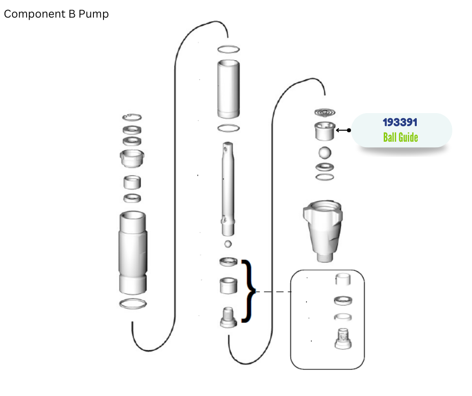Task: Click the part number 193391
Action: pyautogui.click(x=400, y=122)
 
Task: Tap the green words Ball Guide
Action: pyautogui.click(x=400, y=137)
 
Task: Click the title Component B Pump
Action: pyautogui.click(x=56, y=14)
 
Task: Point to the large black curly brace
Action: pyautogui.click(x=249, y=291)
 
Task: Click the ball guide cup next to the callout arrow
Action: pyautogui.click(x=325, y=131)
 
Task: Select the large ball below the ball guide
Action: pyautogui.click(x=325, y=152)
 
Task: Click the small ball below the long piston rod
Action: pyautogui.click(x=228, y=244)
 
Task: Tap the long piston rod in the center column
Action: pyautogui.click(x=228, y=189)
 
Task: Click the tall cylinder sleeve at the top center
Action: pyautogui.click(x=228, y=89)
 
